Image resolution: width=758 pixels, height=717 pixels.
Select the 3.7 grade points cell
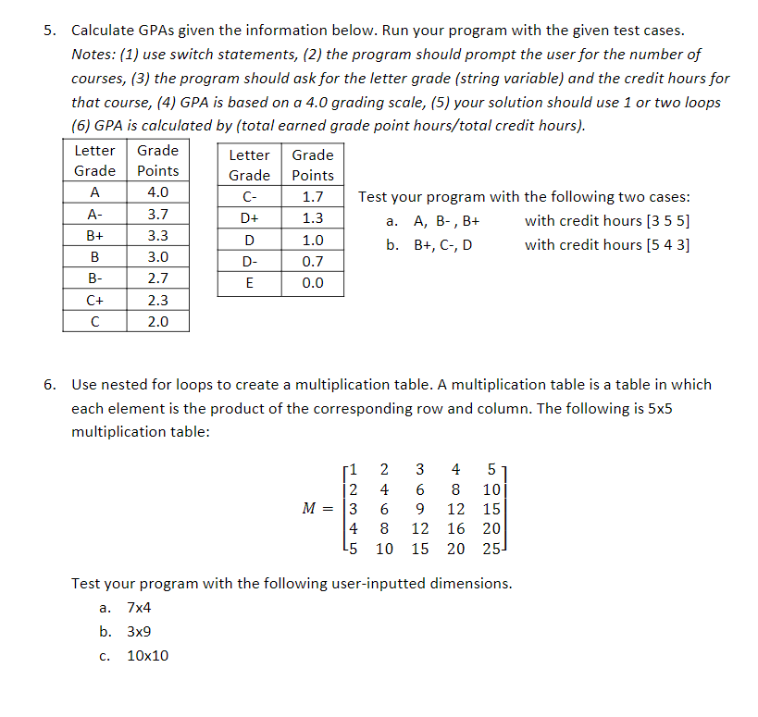pyautogui.click(x=157, y=214)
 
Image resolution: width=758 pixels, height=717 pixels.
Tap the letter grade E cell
pyautogui.click(x=249, y=283)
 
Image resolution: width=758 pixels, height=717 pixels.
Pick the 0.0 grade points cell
pyautogui.click(x=313, y=283)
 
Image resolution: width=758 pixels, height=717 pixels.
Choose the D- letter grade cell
pyautogui.click(x=249, y=262)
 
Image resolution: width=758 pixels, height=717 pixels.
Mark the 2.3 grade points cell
pyautogui.click(x=157, y=300)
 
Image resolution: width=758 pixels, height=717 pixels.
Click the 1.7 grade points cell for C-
pyautogui.click(x=313, y=197)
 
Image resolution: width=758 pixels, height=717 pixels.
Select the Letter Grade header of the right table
pyautogui.click(x=249, y=165)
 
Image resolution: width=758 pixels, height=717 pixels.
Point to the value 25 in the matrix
pyautogui.click(x=491, y=549)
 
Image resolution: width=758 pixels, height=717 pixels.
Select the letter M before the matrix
pyautogui.click(x=312, y=509)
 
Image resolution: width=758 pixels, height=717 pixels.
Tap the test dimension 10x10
pyautogui.click(x=148, y=656)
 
